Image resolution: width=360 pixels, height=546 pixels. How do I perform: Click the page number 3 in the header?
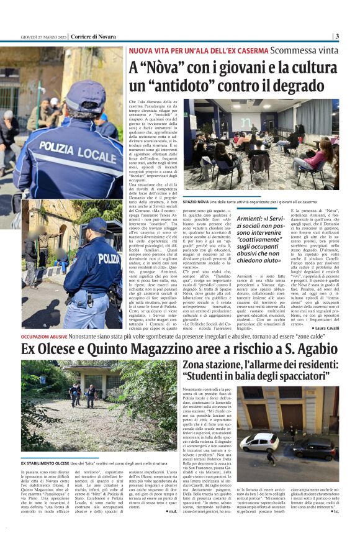336,36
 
